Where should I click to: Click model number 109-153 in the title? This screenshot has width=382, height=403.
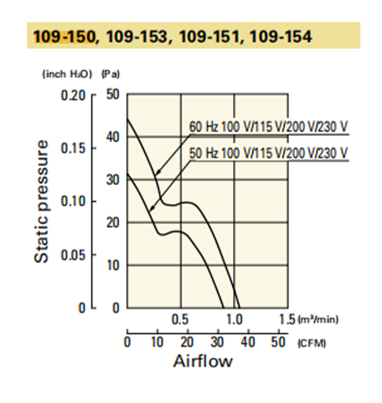tap(137, 36)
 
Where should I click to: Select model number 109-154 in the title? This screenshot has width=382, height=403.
tap(281, 36)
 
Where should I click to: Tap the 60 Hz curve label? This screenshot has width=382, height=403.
tap(268, 126)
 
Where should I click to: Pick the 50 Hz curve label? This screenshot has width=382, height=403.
tap(268, 153)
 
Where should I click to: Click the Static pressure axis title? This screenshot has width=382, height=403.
tap(41, 201)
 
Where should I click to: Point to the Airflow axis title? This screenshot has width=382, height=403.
tap(202, 361)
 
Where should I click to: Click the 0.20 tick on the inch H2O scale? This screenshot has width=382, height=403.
tap(73, 95)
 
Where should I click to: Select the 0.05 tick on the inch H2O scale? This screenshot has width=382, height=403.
tap(73, 255)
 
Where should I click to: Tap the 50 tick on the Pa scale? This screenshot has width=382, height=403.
tap(113, 95)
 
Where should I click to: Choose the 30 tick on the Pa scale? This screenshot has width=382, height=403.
tap(113, 180)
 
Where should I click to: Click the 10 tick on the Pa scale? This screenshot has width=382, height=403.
tap(113, 265)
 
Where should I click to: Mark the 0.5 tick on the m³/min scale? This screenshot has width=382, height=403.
tap(180, 320)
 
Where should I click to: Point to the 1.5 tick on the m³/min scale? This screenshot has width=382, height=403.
tap(287, 320)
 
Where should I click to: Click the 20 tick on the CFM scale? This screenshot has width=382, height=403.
tap(187, 343)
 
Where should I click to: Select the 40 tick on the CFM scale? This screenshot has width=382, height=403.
tap(248, 343)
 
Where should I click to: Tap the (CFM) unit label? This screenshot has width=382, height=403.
tap(312, 344)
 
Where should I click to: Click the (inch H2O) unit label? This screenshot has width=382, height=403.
tap(67, 74)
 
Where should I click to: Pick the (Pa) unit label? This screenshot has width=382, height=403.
tap(111, 74)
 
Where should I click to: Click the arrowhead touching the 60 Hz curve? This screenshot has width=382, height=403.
tap(158, 173)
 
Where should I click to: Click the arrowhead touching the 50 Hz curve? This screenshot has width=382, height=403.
tap(152, 208)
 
